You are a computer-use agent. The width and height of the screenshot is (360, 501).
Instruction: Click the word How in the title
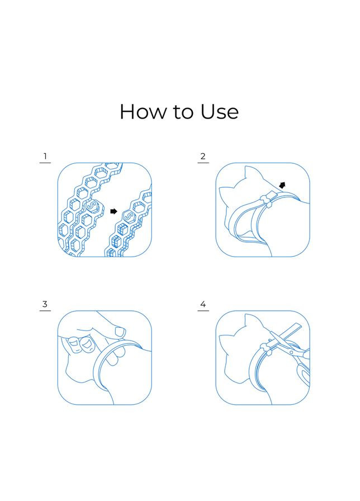(143, 112)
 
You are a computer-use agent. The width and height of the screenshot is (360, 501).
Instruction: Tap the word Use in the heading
(220, 112)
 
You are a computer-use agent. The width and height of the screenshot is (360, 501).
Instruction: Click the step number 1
(45, 156)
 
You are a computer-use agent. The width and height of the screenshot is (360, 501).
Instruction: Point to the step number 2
(203, 156)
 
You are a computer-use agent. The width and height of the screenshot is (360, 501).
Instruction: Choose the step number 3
(45, 304)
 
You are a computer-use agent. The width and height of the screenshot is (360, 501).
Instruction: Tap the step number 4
(203, 304)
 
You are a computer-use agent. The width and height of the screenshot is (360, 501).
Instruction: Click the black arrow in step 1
(113, 211)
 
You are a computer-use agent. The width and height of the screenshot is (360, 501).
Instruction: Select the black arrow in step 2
(282, 185)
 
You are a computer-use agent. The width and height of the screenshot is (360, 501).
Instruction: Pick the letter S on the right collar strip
(129, 216)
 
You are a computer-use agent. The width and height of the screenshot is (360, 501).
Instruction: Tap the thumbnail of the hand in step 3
(120, 332)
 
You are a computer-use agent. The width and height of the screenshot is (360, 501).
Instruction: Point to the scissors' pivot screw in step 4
(291, 352)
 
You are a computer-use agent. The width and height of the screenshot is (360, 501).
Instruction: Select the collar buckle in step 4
(267, 348)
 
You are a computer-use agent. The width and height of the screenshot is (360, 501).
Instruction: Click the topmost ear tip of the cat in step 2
(245, 166)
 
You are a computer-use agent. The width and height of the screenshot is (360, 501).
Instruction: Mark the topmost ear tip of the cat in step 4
(245, 314)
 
